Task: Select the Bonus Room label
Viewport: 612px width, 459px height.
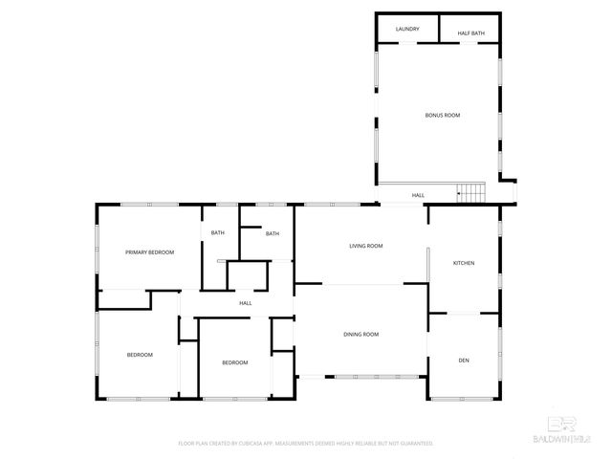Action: [x=443, y=115]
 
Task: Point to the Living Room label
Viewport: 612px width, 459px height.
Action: [x=366, y=246]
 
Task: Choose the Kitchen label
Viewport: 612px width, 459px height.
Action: [x=464, y=263]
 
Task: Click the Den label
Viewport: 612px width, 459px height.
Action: [x=464, y=361]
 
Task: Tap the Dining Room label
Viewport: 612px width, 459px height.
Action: [x=361, y=334]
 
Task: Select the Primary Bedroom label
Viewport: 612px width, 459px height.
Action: [x=150, y=251]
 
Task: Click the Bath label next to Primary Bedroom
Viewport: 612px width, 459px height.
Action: [x=218, y=233]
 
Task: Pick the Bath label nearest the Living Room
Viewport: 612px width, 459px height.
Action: [x=273, y=233]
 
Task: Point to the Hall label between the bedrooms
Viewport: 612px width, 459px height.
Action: [x=245, y=303]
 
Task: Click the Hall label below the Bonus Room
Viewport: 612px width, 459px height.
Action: [x=418, y=195]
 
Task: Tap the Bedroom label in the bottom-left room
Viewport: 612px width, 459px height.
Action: [x=140, y=355]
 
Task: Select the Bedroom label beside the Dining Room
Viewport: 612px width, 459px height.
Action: [x=235, y=362]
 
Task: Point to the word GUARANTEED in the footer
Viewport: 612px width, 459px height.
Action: [x=414, y=444]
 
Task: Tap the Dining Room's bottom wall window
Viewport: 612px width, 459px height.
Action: [x=361, y=377]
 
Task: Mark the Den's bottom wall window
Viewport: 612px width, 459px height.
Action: [x=464, y=398]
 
